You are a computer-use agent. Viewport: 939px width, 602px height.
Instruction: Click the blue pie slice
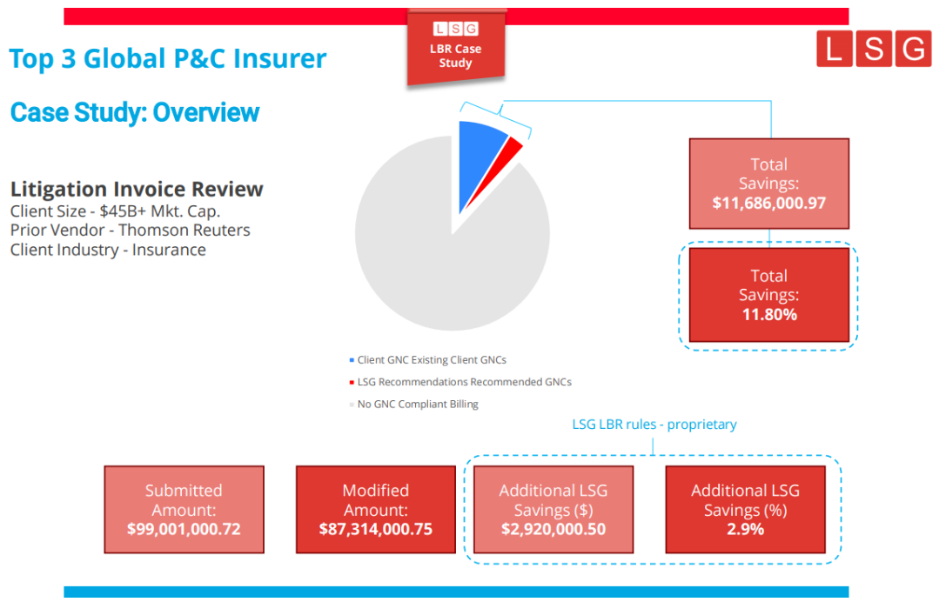click(479, 157)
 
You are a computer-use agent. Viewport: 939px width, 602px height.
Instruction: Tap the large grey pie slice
click(444, 261)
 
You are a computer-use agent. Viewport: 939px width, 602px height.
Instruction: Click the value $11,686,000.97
click(768, 204)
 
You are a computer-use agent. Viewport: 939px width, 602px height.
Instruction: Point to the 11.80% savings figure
click(768, 314)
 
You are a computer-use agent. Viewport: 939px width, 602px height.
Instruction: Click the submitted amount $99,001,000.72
click(184, 529)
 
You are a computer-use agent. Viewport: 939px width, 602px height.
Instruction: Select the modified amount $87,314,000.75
click(375, 529)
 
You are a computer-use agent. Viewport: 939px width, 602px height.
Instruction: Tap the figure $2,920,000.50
click(553, 529)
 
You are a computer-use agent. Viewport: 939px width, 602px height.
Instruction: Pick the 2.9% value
click(745, 529)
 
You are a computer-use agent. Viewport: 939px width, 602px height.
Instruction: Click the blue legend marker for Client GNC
click(352, 360)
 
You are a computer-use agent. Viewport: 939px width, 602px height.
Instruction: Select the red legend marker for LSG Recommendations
click(352, 383)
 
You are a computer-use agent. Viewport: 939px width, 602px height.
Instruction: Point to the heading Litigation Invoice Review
click(137, 190)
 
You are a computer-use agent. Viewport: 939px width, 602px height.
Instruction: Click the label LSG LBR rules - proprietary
click(654, 425)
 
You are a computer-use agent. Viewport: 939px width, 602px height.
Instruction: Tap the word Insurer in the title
click(276, 59)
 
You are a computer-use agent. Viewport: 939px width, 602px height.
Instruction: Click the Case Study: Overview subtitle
click(135, 112)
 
